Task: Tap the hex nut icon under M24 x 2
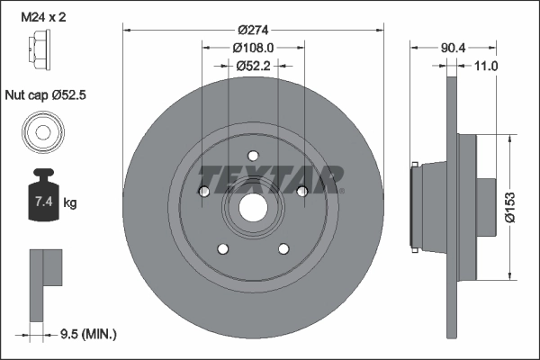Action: (x=40, y=44)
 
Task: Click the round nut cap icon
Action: (x=40, y=132)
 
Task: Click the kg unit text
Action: (x=70, y=203)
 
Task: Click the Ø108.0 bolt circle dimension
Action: (x=253, y=47)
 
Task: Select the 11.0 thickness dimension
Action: (x=485, y=66)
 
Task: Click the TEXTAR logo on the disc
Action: (x=271, y=178)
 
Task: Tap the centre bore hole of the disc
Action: (x=253, y=210)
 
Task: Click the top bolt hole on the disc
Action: (x=253, y=154)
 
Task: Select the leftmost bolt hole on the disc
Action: (x=204, y=192)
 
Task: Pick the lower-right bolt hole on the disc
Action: (x=283, y=248)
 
